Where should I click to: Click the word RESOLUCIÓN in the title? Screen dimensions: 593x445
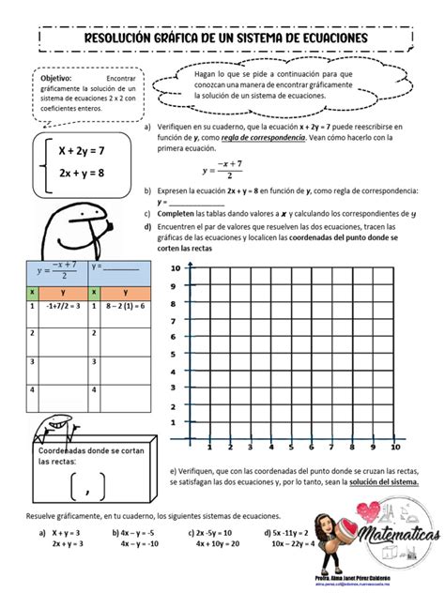pyautogui.click(x=123, y=38)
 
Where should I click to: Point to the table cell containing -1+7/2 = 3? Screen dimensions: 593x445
pyautogui.click(x=63, y=305)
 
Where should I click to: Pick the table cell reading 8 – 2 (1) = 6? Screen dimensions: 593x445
pyautogui.click(x=119, y=305)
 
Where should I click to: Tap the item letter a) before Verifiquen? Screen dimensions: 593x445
pyautogui.click(x=147, y=125)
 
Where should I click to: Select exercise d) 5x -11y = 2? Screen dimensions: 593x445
pyautogui.click(x=283, y=531)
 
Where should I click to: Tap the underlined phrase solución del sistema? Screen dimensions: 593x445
pyautogui.click(x=384, y=482)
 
